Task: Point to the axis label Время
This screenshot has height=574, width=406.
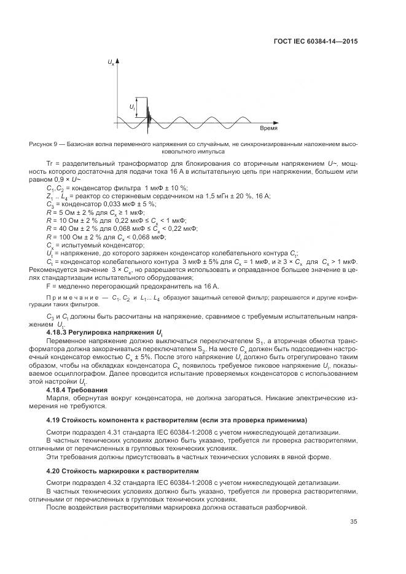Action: coord(268,130)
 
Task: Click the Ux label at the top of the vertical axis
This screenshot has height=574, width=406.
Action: coord(111,63)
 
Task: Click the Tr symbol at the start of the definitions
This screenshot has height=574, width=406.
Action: coord(50,164)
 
